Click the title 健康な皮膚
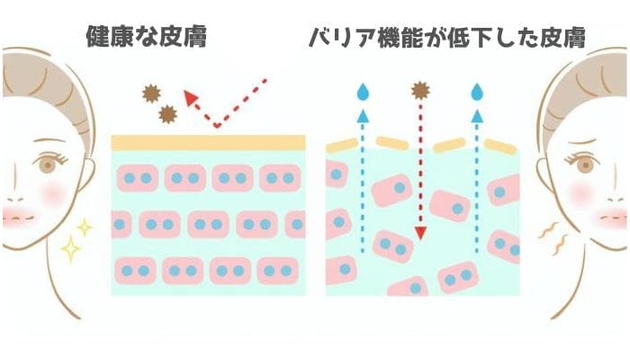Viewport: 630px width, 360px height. point(146,37)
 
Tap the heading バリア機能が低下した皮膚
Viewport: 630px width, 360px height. point(447,37)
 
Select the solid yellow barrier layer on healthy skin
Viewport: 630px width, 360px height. point(208,142)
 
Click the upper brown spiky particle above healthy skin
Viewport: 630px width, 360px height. point(151,93)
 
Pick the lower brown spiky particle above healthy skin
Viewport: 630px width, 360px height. point(167,113)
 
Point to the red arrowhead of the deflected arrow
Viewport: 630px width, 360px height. point(190,97)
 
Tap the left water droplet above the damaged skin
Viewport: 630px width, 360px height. point(363,92)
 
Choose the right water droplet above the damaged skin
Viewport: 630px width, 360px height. point(477,92)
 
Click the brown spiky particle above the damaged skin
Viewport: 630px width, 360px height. point(419,90)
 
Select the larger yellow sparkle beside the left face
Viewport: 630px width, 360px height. point(69,247)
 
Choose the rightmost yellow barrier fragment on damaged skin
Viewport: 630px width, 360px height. point(499,146)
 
